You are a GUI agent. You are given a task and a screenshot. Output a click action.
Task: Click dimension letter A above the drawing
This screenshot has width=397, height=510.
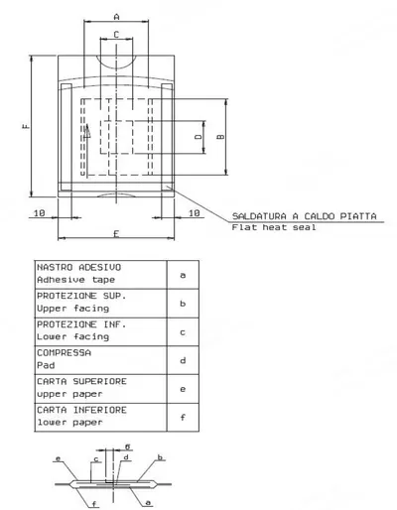coord(116,17)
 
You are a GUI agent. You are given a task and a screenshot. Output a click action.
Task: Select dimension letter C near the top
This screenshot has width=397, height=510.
coord(116,35)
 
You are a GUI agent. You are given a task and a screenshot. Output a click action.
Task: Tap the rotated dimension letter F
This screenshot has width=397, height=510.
coord(26,126)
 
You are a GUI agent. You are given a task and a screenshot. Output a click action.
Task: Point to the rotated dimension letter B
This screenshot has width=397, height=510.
coord(220,137)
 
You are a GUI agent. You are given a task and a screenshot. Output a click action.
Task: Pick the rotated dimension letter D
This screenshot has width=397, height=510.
coord(198,136)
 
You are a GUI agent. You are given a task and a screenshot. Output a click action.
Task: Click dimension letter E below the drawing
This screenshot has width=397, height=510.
coord(116,234)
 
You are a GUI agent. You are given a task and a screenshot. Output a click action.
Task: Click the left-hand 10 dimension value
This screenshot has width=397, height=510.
coord(40,213)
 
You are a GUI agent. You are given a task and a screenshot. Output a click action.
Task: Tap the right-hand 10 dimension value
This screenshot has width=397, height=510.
coord(195,213)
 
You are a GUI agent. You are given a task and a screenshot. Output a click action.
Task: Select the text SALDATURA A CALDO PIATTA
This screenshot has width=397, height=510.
coord(305,216)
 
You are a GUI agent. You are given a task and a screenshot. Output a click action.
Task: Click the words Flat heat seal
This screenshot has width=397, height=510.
coord(274,227)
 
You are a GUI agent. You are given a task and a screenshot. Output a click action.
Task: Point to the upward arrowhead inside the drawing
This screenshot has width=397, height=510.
coord(87,131)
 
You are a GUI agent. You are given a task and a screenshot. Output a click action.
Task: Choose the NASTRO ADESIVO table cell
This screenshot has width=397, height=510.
coord(100,275)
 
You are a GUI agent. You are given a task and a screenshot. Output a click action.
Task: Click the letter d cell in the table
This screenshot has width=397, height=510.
coord(183,360)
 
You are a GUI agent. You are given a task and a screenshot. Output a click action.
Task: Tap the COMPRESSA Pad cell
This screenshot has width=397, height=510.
coord(100,360)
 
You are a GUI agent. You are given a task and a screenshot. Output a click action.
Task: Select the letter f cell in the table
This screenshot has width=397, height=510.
coord(183,418)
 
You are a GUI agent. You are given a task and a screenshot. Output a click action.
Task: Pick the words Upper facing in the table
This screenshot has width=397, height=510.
coord(72,309)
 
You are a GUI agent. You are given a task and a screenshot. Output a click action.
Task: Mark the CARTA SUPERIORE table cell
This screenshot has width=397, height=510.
coord(100,389)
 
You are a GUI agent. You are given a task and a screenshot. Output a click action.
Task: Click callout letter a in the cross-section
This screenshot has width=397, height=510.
coord(148,503)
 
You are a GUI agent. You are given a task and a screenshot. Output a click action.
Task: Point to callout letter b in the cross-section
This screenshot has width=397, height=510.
coord(160,457)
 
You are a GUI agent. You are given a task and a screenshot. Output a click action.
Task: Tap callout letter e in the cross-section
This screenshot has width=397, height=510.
coord(59,458)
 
